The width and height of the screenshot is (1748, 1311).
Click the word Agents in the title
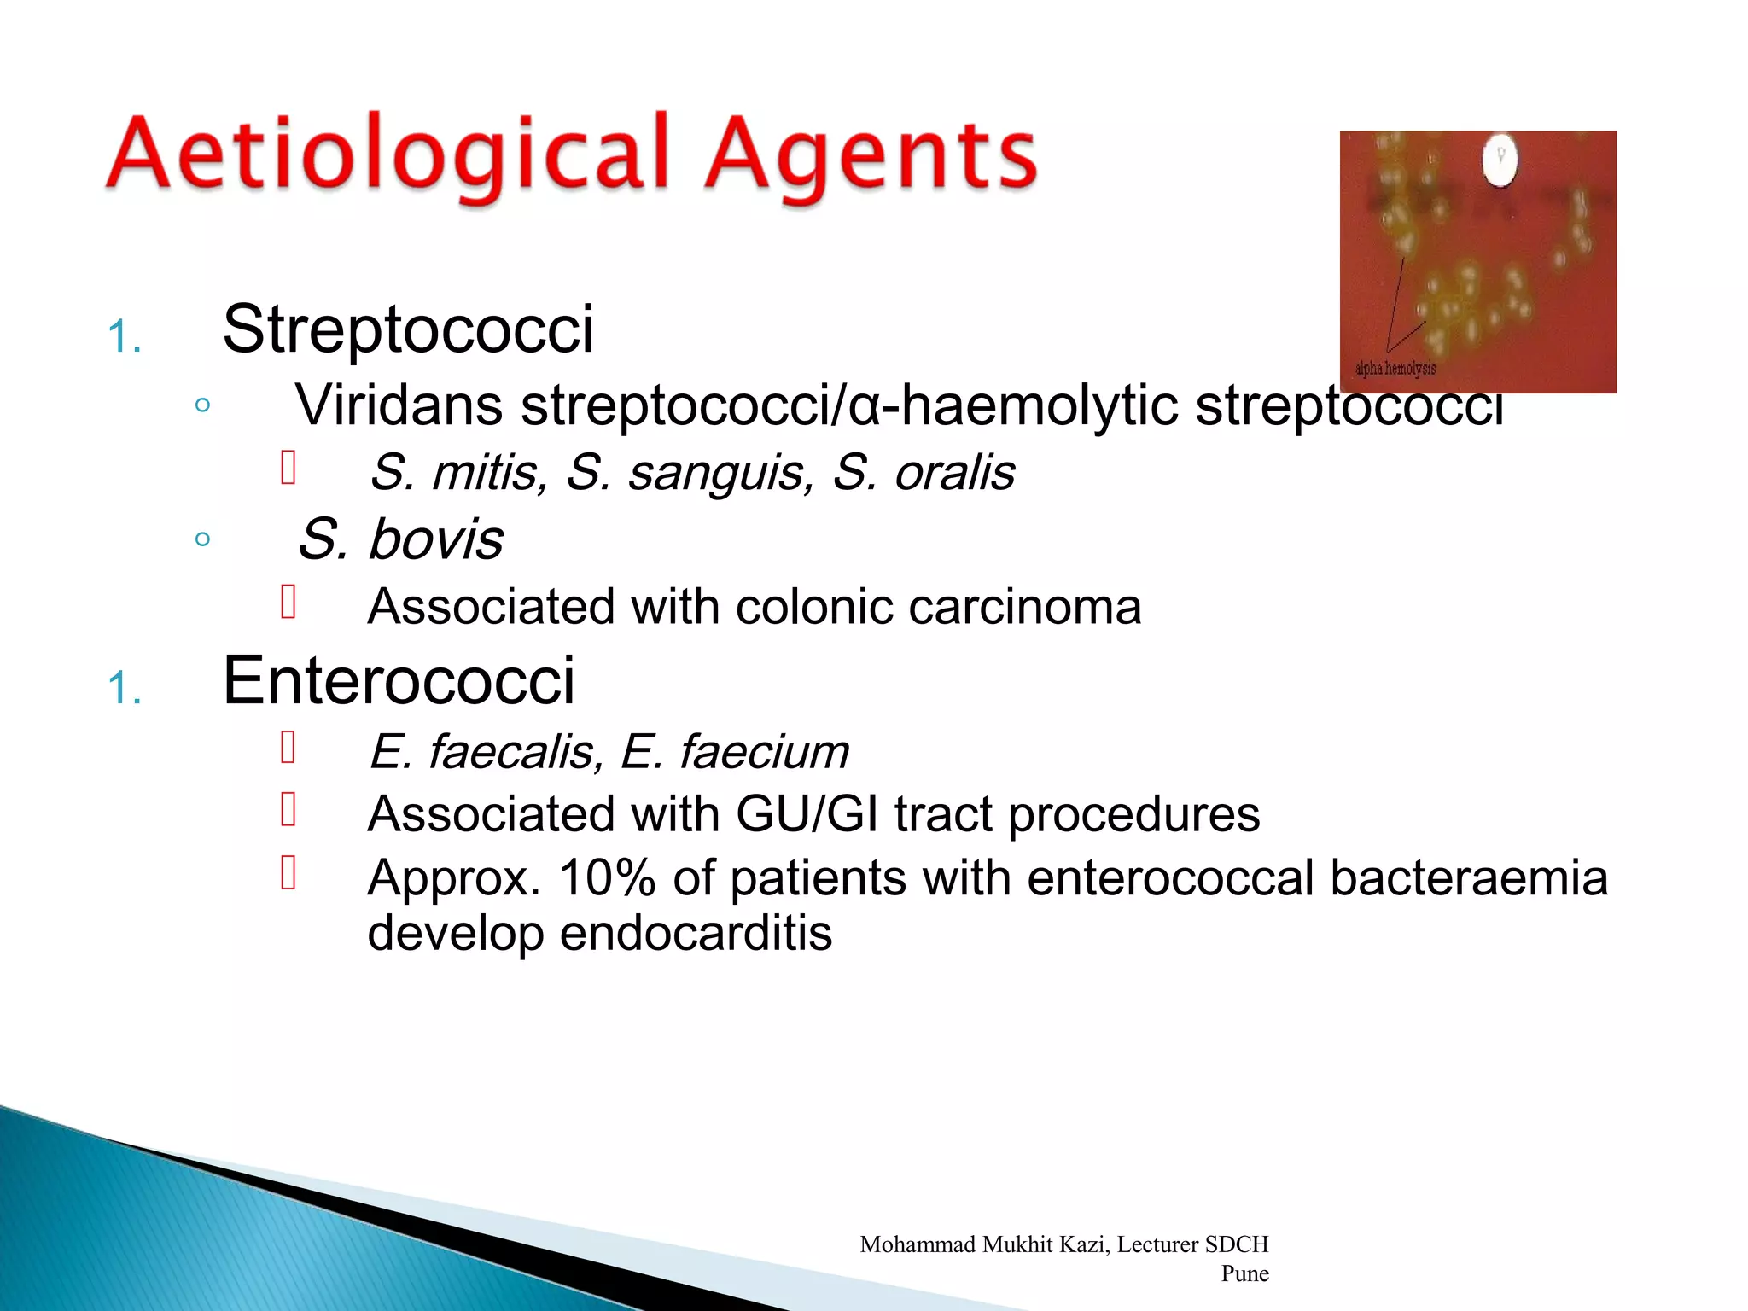click(871, 156)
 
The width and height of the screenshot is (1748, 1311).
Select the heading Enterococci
click(399, 681)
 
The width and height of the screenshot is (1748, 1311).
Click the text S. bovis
click(401, 539)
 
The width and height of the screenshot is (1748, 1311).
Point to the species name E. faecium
click(735, 752)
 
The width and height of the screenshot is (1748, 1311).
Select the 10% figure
click(607, 877)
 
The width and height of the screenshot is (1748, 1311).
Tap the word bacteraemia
click(1468, 877)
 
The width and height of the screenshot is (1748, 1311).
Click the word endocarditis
click(696, 933)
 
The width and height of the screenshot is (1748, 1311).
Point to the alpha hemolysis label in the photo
click(1395, 369)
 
